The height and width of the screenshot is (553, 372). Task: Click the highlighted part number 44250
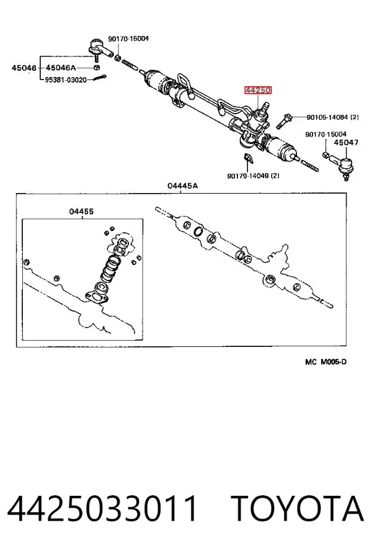tap(258, 91)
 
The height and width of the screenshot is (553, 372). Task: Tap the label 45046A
tap(61, 68)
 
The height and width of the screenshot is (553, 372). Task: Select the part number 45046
tap(24, 68)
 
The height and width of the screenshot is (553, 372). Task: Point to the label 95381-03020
tap(66, 79)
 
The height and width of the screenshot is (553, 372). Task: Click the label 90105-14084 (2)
tap(332, 117)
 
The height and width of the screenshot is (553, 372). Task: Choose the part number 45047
tap(346, 143)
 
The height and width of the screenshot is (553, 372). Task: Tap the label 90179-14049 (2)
tap(254, 175)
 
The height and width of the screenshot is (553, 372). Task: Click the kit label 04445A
tap(182, 186)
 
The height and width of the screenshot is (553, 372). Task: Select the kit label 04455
tap(81, 212)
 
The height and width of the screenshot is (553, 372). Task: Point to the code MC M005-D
tap(326, 362)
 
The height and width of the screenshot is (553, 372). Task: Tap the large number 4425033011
tap(102, 508)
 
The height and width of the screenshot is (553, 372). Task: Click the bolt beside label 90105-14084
tap(283, 120)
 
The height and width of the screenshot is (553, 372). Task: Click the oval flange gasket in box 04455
tap(96, 297)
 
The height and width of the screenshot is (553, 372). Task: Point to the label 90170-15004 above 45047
tap(325, 134)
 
